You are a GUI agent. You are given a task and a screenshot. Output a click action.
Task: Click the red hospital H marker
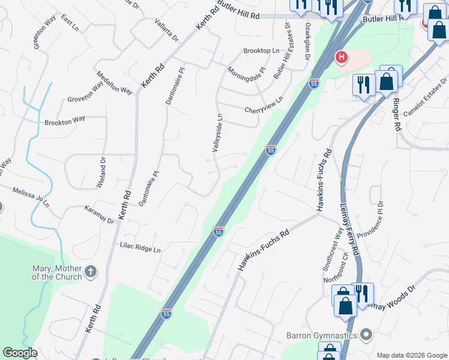(341, 58)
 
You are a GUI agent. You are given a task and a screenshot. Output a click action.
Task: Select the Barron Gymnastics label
(330, 335)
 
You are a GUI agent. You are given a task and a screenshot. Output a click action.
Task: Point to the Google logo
(20, 353)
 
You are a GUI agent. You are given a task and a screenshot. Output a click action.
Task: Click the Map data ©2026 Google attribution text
(411, 355)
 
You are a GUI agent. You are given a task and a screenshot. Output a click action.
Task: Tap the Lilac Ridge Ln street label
(140, 247)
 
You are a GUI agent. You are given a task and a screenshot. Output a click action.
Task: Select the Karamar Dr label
(100, 217)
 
